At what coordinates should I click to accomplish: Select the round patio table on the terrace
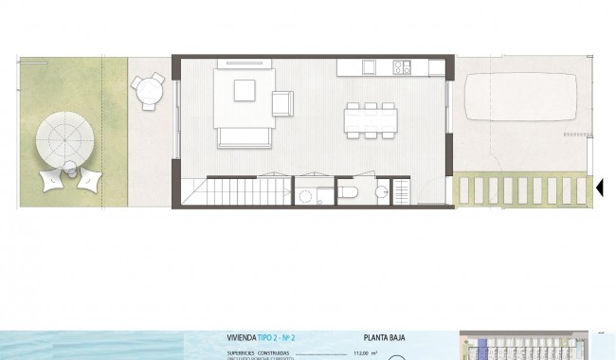(147, 91)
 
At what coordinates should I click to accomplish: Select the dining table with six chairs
(371, 119)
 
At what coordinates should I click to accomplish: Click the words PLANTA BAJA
(385, 335)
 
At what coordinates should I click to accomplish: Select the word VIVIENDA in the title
(242, 335)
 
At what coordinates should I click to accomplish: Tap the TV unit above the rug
(245, 65)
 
